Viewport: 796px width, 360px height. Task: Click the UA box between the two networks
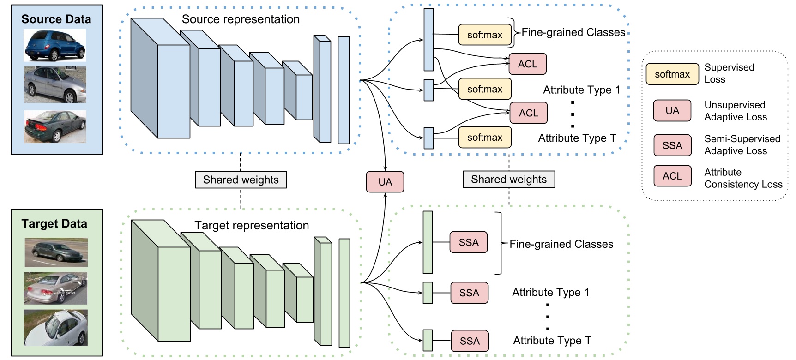click(x=385, y=182)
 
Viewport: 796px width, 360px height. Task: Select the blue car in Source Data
click(x=54, y=46)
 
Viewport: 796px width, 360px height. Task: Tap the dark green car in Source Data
click(x=55, y=126)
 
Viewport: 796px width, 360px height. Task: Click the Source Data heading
click(x=56, y=19)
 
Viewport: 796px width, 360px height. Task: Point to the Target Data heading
click(x=54, y=224)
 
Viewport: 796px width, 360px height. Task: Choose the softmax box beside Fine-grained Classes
click(x=484, y=35)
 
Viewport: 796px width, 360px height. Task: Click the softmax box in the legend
click(x=672, y=74)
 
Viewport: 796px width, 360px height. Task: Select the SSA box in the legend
click(x=672, y=145)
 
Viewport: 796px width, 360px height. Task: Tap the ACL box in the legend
click(x=672, y=176)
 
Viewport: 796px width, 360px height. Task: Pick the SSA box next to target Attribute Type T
click(x=469, y=341)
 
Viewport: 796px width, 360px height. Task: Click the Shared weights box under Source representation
click(x=241, y=180)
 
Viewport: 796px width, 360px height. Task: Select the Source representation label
click(x=241, y=19)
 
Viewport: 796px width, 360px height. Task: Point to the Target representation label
click(x=252, y=225)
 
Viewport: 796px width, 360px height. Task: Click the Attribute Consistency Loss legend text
click(x=742, y=178)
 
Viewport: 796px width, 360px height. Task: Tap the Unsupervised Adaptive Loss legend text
click(x=735, y=111)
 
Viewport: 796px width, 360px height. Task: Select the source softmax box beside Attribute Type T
click(x=484, y=138)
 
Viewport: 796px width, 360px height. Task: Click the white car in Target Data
click(x=56, y=328)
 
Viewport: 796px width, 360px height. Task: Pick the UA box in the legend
click(x=672, y=111)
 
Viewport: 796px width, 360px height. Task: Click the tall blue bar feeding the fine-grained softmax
click(x=428, y=40)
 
